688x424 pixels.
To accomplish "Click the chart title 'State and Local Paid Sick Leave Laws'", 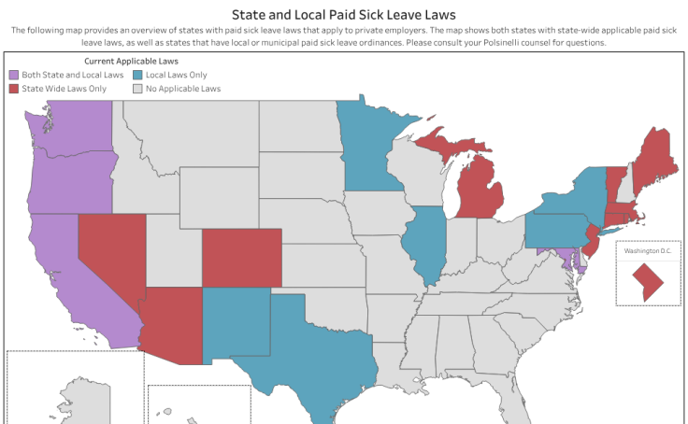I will click(x=344, y=14).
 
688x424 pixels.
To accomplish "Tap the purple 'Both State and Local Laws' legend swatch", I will click(x=14, y=75).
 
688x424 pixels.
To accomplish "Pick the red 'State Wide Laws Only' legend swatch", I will click(x=14, y=89).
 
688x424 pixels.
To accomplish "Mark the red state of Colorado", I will click(x=241, y=258).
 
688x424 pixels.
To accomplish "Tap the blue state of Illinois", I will click(x=425, y=243).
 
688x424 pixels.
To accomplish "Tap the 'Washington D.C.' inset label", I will click(x=648, y=251).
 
